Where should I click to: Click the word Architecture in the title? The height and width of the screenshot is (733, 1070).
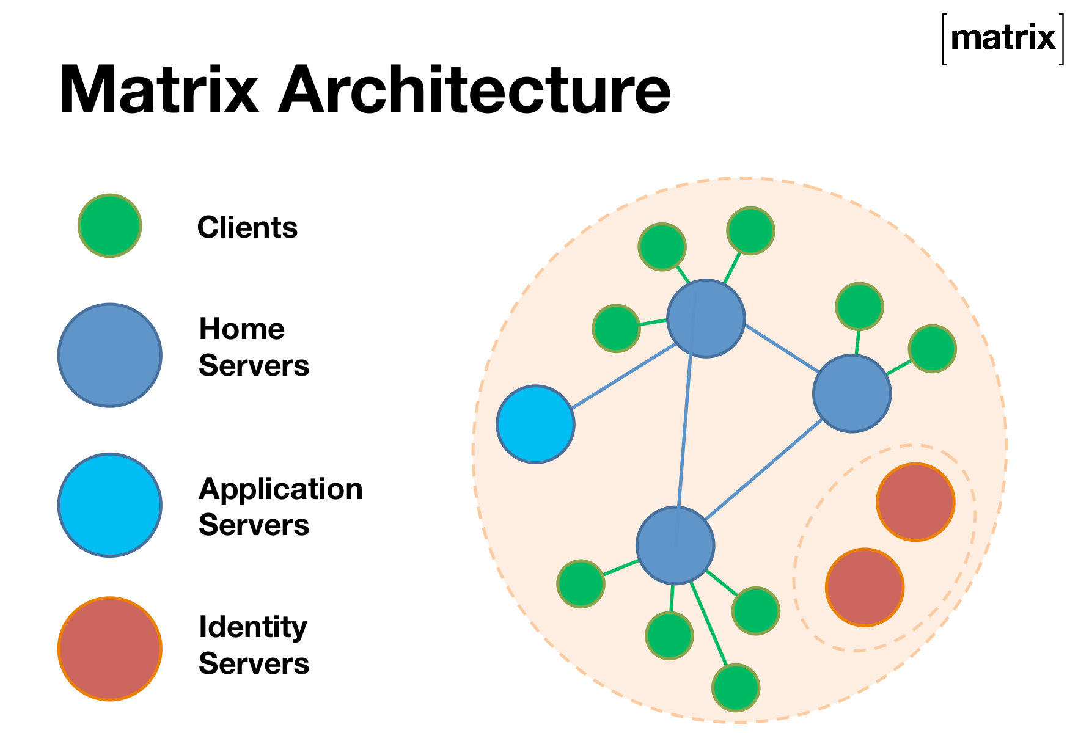pos(474,90)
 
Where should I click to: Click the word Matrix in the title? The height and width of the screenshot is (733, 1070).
pos(159,90)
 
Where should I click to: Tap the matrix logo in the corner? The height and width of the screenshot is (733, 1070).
pos(1002,38)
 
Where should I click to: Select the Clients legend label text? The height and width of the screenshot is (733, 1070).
pos(247,228)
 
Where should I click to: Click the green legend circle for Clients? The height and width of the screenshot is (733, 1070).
pos(110,225)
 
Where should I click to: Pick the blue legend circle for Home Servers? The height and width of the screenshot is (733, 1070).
pos(110,355)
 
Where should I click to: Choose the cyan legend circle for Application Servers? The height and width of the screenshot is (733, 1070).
pos(110,505)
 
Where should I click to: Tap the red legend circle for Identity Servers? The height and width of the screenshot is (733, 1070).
pos(110,648)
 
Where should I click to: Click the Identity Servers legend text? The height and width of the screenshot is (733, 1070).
pos(254,645)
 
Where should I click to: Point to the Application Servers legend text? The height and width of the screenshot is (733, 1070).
pos(280,507)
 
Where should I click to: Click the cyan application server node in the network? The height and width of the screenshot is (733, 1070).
pos(535,424)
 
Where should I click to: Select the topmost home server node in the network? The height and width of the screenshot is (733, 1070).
pos(706,318)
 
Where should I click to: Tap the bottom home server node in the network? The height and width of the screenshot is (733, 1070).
pos(675,545)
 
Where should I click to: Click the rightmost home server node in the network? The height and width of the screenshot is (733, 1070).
pos(852,393)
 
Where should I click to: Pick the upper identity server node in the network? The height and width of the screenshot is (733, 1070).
pos(915,501)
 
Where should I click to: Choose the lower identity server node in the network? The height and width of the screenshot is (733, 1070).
pos(865,587)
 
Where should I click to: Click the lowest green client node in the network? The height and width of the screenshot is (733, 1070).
pos(736,688)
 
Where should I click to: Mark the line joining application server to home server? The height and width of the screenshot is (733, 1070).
pos(623,376)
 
